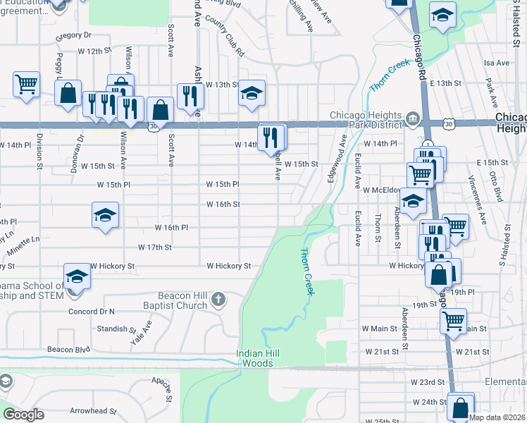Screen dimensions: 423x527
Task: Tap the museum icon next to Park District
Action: coord(414,116)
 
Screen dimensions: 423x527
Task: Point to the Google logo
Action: coord(23,414)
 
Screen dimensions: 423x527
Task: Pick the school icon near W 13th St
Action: coord(251,92)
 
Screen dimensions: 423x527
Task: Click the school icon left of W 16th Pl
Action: coord(106,214)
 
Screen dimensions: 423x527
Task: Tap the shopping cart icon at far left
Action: coord(26,85)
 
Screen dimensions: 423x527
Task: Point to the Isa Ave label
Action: coord(497,63)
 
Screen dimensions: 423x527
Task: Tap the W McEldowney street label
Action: coord(383,190)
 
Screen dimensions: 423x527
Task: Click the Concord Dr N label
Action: coord(92,311)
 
